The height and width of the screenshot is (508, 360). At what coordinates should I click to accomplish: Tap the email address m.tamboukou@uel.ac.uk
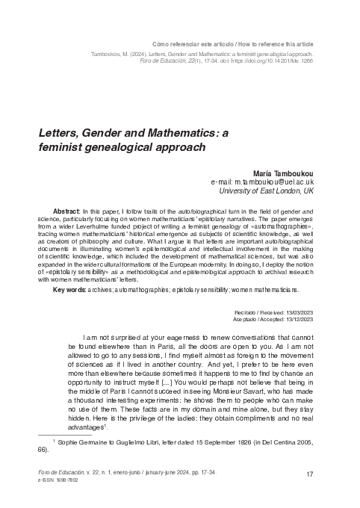(263, 182)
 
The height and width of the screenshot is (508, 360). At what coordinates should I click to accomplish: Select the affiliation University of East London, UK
(268, 192)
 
